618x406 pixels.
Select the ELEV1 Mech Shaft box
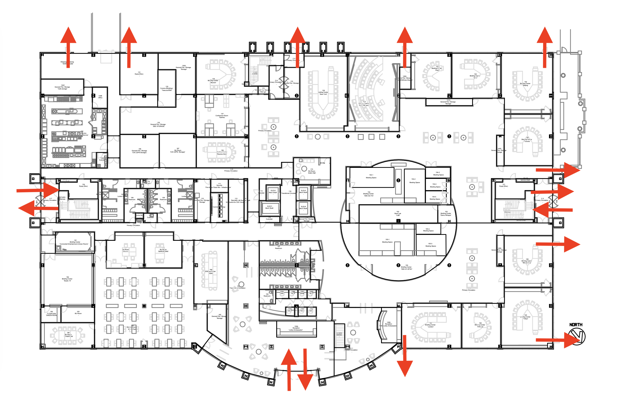point(269,207)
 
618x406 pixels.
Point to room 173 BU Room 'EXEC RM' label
point(312,171)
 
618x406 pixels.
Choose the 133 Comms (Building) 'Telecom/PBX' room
point(166,88)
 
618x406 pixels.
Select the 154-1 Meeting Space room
point(371,176)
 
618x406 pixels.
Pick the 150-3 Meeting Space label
point(430,245)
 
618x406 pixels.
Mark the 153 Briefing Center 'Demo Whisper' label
point(446,213)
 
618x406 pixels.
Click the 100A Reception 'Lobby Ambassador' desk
point(296,329)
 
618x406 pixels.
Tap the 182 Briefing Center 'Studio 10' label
point(67,279)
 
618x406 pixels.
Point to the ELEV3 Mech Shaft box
point(303,191)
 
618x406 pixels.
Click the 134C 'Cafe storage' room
point(62,87)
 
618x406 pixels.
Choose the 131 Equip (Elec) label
point(139,73)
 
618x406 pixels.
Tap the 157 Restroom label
point(279,248)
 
